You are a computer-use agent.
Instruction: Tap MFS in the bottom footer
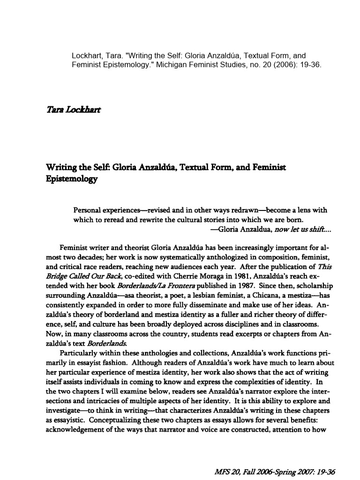[x=217, y=472]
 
